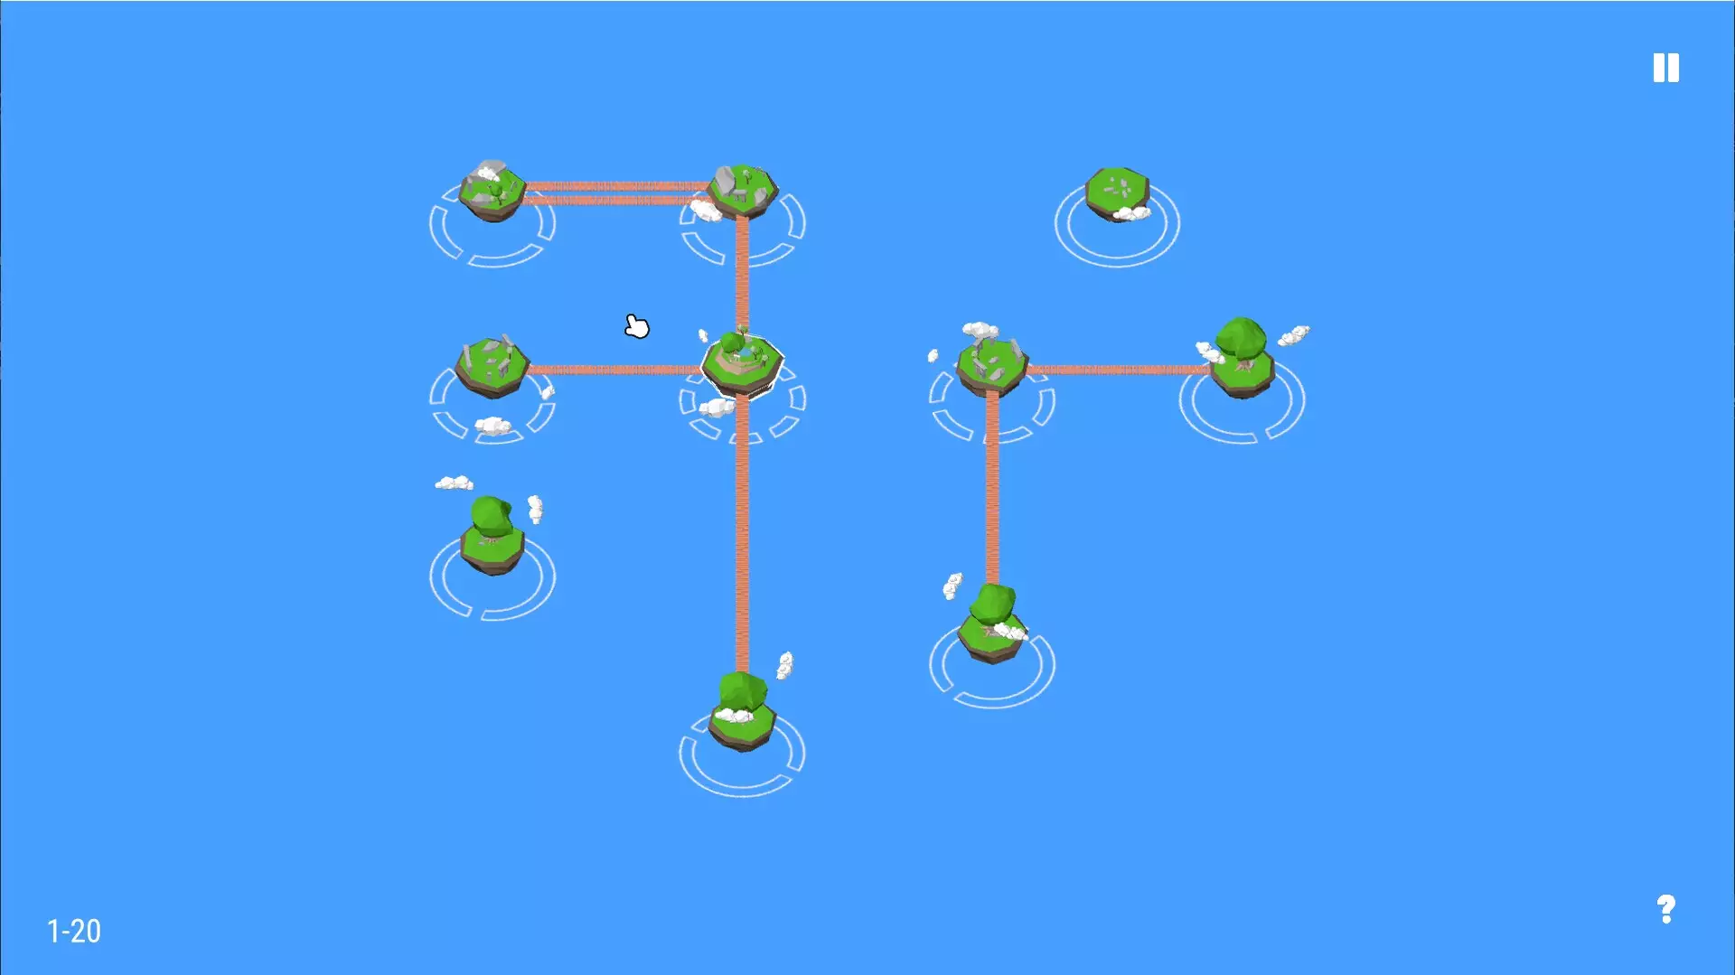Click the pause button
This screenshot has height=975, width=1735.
(x=1665, y=68)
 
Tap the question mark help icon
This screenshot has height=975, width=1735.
(x=1665, y=908)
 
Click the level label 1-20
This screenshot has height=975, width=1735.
(x=74, y=931)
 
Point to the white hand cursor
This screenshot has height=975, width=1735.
(x=637, y=326)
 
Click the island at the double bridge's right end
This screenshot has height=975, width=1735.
(x=743, y=190)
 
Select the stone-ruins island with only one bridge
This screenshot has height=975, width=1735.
(x=492, y=366)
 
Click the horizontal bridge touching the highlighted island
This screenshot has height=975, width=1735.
(x=614, y=370)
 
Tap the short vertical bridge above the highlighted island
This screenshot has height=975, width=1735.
(x=742, y=271)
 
